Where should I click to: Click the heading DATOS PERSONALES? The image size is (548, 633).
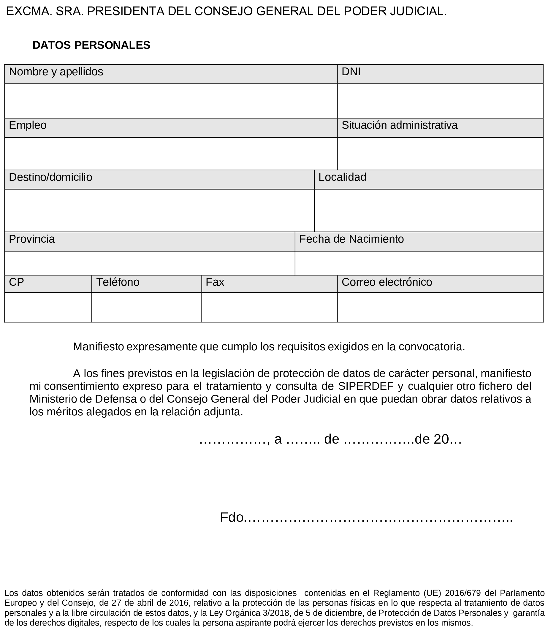coord(91,45)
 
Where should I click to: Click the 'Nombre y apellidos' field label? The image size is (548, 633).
coord(56,72)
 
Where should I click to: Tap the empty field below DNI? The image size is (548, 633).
coord(440,101)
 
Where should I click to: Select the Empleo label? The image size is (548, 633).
coord(28,125)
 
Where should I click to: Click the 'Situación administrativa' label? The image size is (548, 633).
coord(399,125)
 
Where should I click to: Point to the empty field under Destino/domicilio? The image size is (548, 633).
coord(159,211)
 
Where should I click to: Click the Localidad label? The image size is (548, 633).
coord(342,177)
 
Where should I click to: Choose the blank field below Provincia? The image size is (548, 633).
coord(149,263)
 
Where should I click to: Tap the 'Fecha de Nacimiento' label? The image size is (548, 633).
coord(351,239)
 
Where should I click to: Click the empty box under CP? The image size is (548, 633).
coord(48,307)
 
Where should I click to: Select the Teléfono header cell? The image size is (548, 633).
coord(118,282)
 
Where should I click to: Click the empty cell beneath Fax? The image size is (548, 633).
coord(269,307)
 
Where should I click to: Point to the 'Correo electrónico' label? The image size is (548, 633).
coord(387,282)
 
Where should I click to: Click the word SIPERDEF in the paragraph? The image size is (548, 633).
coord(366,386)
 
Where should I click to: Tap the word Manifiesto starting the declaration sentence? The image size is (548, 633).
coord(98,347)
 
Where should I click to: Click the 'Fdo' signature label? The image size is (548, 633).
coord(231,517)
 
